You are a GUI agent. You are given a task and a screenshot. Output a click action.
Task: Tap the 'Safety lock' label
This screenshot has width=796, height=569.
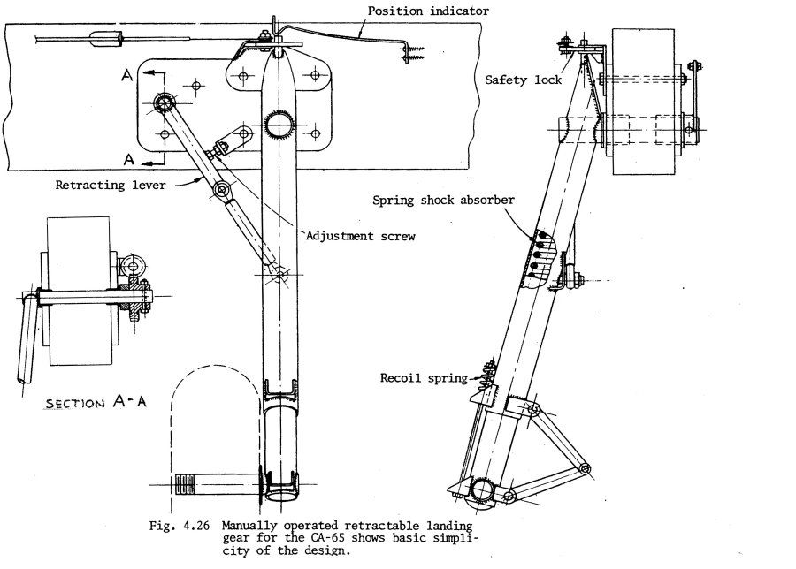pyautogui.click(x=524, y=80)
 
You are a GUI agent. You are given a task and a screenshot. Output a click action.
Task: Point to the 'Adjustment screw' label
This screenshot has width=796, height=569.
pyautogui.click(x=360, y=236)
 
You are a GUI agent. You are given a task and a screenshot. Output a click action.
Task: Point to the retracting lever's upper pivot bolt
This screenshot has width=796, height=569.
pyautogui.click(x=164, y=103)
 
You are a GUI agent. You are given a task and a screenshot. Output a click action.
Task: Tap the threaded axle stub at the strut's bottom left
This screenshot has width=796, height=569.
pyautogui.click(x=188, y=485)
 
